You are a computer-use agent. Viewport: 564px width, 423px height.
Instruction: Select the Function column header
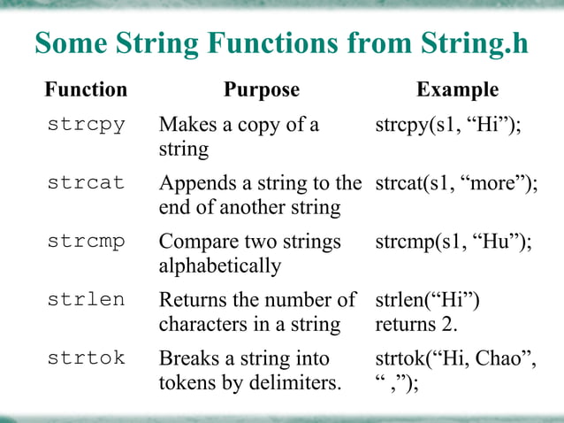86,89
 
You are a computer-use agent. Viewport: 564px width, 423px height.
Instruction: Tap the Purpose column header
262,89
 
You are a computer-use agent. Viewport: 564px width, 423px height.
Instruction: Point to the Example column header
457,89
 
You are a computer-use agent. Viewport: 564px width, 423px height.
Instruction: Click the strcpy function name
86,124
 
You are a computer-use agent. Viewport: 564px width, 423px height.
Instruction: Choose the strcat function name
86,183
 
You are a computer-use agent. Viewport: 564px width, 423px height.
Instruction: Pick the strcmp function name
86,242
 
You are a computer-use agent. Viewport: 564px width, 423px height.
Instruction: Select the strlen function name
86,300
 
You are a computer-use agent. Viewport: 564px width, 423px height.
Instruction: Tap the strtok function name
86,358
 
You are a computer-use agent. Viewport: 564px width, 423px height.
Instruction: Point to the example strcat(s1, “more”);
456,184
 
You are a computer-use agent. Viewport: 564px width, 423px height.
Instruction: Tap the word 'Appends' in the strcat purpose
195,184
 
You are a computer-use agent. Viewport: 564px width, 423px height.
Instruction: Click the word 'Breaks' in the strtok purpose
187,358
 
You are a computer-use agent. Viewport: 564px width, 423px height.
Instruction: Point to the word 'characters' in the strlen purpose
202,324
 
